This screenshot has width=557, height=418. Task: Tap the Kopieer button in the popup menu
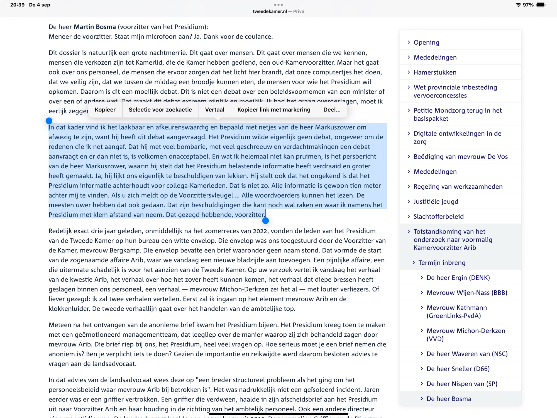click(105, 110)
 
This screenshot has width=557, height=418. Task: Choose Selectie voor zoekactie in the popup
click(160, 110)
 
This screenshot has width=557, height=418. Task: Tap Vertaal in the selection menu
click(214, 110)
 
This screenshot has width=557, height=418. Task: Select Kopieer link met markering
click(274, 110)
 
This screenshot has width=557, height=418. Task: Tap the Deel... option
click(332, 110)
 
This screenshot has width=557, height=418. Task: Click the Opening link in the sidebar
click(426, 42)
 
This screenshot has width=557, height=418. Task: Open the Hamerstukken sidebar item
click(435, 72)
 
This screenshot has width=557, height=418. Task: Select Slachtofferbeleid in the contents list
click(438, 217)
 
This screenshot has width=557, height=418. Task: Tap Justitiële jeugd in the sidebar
click(436, 201)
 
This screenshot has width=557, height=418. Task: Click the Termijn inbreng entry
click(442, 263)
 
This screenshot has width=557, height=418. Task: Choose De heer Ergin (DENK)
click(458, 278)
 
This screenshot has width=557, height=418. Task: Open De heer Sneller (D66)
click(458, 369)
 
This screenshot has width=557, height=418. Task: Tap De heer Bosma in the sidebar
click(449, 399)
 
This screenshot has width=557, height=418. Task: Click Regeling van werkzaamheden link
click(458, 187)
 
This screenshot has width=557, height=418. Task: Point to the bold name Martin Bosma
click(95, 27)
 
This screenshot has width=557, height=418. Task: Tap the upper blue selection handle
click(49, 121)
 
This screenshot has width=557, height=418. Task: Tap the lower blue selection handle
click(265, 221)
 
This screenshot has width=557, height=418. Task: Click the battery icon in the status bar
click(541, 5)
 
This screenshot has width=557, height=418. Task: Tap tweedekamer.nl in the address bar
click(270, 11)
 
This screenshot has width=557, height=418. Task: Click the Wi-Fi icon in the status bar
click(518, 5)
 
